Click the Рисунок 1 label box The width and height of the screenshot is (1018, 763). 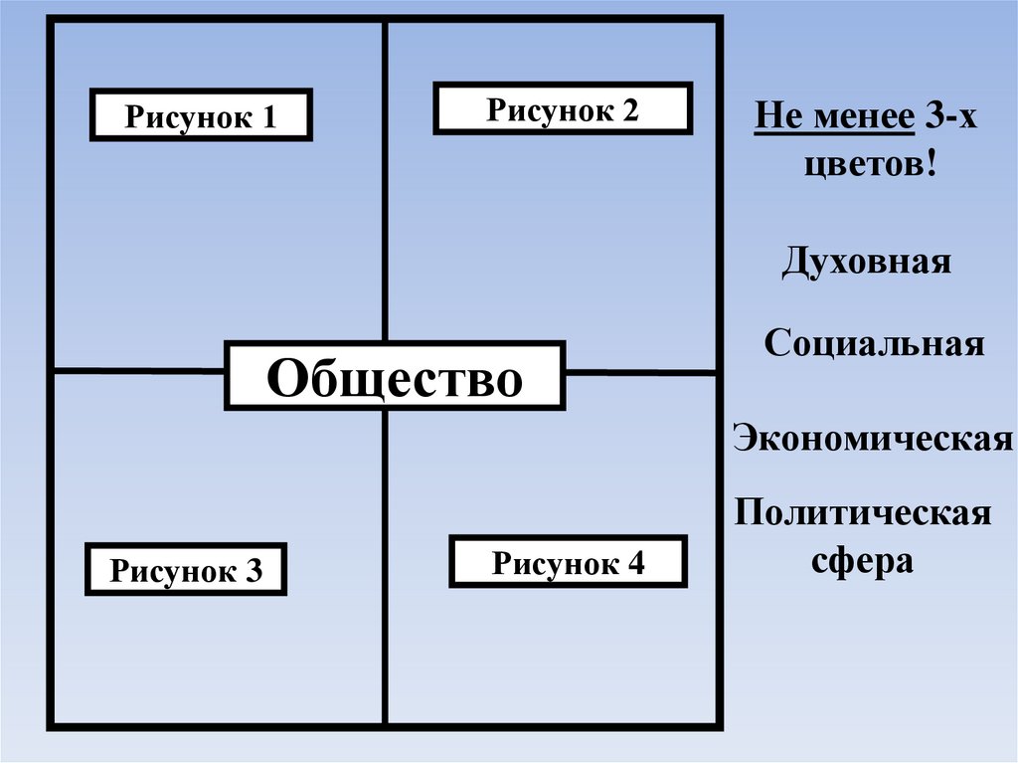pos(202,115)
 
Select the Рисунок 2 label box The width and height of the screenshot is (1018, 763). pos(563,108)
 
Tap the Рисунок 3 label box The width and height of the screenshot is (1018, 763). pos(186,569)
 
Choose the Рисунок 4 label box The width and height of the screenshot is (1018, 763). pos(569,562)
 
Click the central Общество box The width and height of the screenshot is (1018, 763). pos(395,376)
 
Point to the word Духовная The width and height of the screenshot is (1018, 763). pos(866,263)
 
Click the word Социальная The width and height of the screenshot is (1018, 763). pos(875,344)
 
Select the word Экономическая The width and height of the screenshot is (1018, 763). pos(873,438)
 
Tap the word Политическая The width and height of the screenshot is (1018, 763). pos(862,514)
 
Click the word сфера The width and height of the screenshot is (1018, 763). pos(862,560)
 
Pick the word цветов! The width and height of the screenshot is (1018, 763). pos(871,161)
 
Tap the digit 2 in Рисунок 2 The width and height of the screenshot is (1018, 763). pos(630,110)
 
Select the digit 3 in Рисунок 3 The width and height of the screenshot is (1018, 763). pos(254,571)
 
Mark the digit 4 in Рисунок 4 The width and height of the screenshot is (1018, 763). pos(636,564)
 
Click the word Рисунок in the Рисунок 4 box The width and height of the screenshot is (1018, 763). pos(554,564)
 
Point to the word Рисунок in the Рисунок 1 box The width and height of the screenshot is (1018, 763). pos(186,117)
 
